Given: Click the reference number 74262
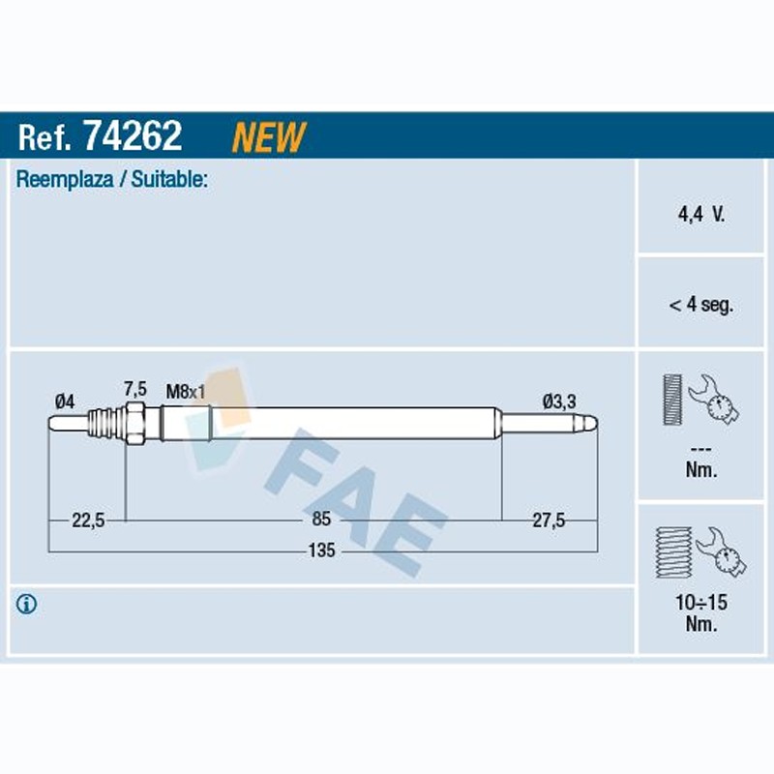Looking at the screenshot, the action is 133,135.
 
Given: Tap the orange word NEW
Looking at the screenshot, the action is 269,136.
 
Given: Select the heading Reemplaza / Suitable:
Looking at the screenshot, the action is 111,179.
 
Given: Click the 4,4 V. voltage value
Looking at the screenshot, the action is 700,214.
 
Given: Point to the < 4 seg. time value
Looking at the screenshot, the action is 700,305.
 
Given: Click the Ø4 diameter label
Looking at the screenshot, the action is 65,402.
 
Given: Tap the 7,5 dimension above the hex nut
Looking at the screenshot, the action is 134,389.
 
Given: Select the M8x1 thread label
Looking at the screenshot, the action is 185,392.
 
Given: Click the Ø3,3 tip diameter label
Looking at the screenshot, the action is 559,402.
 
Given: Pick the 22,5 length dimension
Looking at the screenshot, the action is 88,520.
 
